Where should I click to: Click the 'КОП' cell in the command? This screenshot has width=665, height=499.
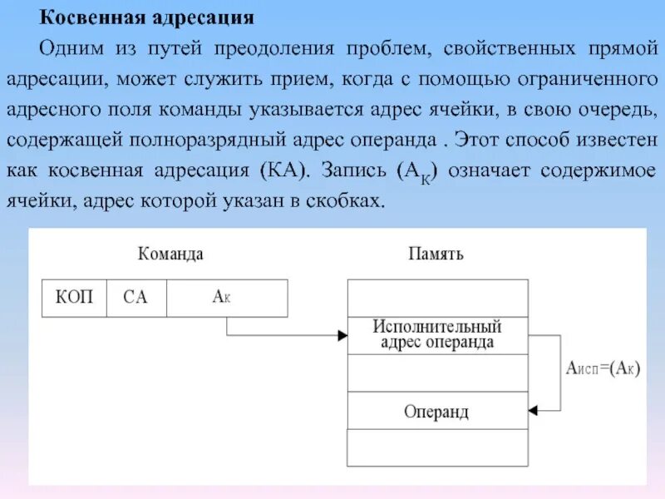pyautogui.click(x=74, y=298)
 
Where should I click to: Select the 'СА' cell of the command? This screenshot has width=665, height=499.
pyautogui.click(x=135, y=298)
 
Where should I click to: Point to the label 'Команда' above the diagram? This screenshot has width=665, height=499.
pyautogui.click(x=170, y=254)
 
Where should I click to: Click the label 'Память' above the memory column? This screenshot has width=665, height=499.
pyautogui.click(x=436, y=254)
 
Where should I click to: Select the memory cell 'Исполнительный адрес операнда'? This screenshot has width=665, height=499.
pyautogui.click(x=437, y=335)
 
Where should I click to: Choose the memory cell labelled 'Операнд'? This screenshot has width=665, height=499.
pyautogui.click(x=437, y=411)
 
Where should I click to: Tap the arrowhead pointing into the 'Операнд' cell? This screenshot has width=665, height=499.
pyautogui.click(x=534, y=410)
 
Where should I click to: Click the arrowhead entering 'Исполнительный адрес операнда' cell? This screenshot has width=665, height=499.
pyautogui.click(x=342, y=336)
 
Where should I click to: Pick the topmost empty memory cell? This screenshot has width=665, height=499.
pyautogui.click(x=437, y=298)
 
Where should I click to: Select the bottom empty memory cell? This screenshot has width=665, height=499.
pyautogui.click(x=437, y=447)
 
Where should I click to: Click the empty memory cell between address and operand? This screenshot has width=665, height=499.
pyautogui.click(x=437, y=373)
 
